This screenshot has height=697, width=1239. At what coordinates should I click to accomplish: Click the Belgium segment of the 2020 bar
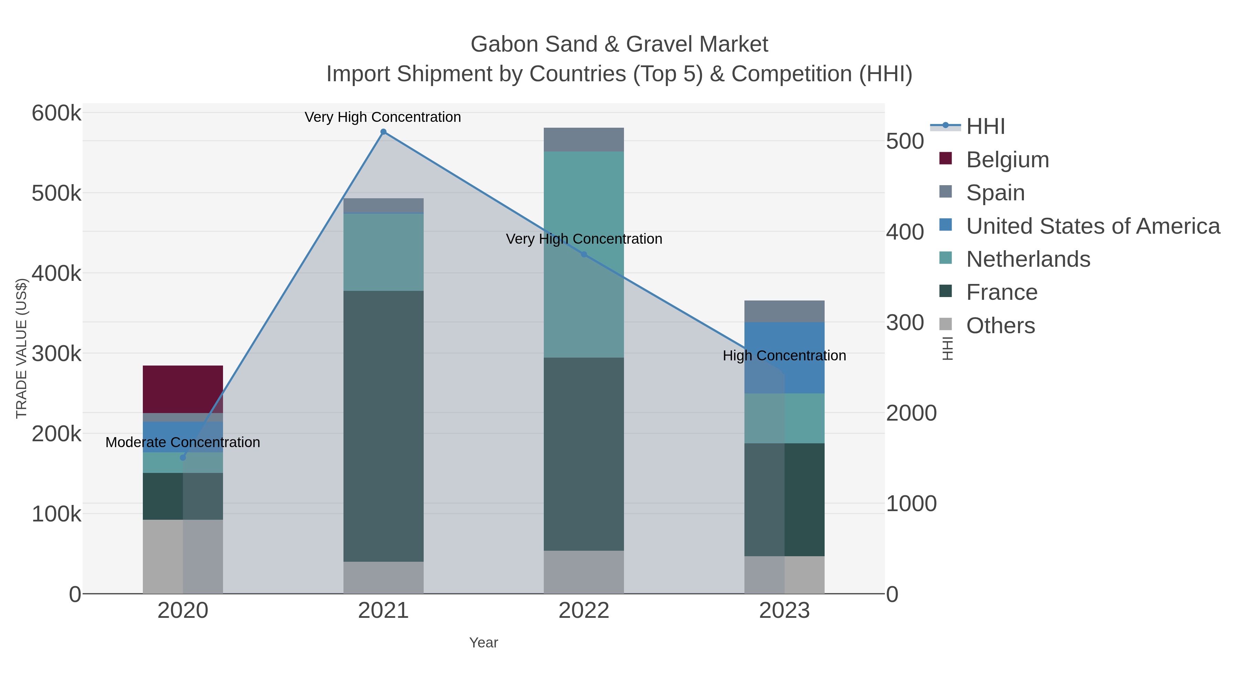coord(183,389)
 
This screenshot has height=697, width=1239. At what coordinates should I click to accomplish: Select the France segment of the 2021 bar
coord(383,426)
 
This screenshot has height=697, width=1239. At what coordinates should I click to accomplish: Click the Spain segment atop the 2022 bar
coord(583,139)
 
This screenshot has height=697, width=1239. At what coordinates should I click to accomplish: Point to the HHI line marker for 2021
coord(383,132)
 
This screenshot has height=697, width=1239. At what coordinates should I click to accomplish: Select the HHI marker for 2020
coord(183,457)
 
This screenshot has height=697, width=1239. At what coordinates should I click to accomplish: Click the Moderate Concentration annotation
coord(183,442)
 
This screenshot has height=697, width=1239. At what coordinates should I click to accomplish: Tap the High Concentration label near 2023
coord(784,356)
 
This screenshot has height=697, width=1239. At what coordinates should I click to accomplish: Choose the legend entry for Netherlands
coord(1028,259)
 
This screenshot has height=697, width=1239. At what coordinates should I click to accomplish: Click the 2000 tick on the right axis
coord(911,413)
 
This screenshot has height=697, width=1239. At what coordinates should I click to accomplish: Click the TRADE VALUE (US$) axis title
coord(22,348)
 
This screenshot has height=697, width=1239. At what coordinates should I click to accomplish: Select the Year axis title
coord(484,642)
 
